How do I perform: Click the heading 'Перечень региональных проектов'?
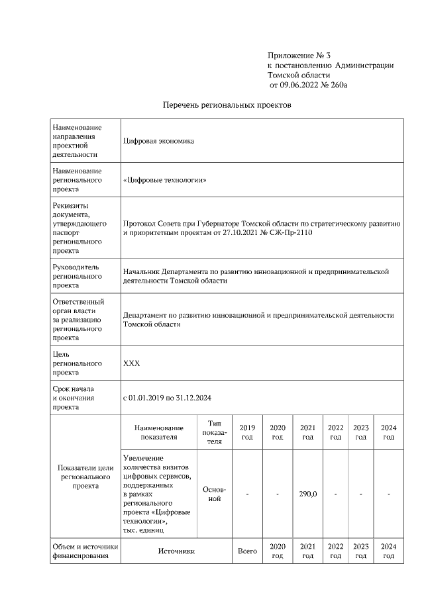coord(227,105)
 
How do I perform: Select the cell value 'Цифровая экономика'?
coord(158,140)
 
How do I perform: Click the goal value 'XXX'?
coord(131,363)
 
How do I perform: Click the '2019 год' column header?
coord(246,432)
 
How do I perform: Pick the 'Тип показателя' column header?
coord(214,432)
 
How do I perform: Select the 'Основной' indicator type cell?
coord(214,494)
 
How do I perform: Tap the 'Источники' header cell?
coord(176,551)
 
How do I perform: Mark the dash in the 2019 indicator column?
coord(246,494)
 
